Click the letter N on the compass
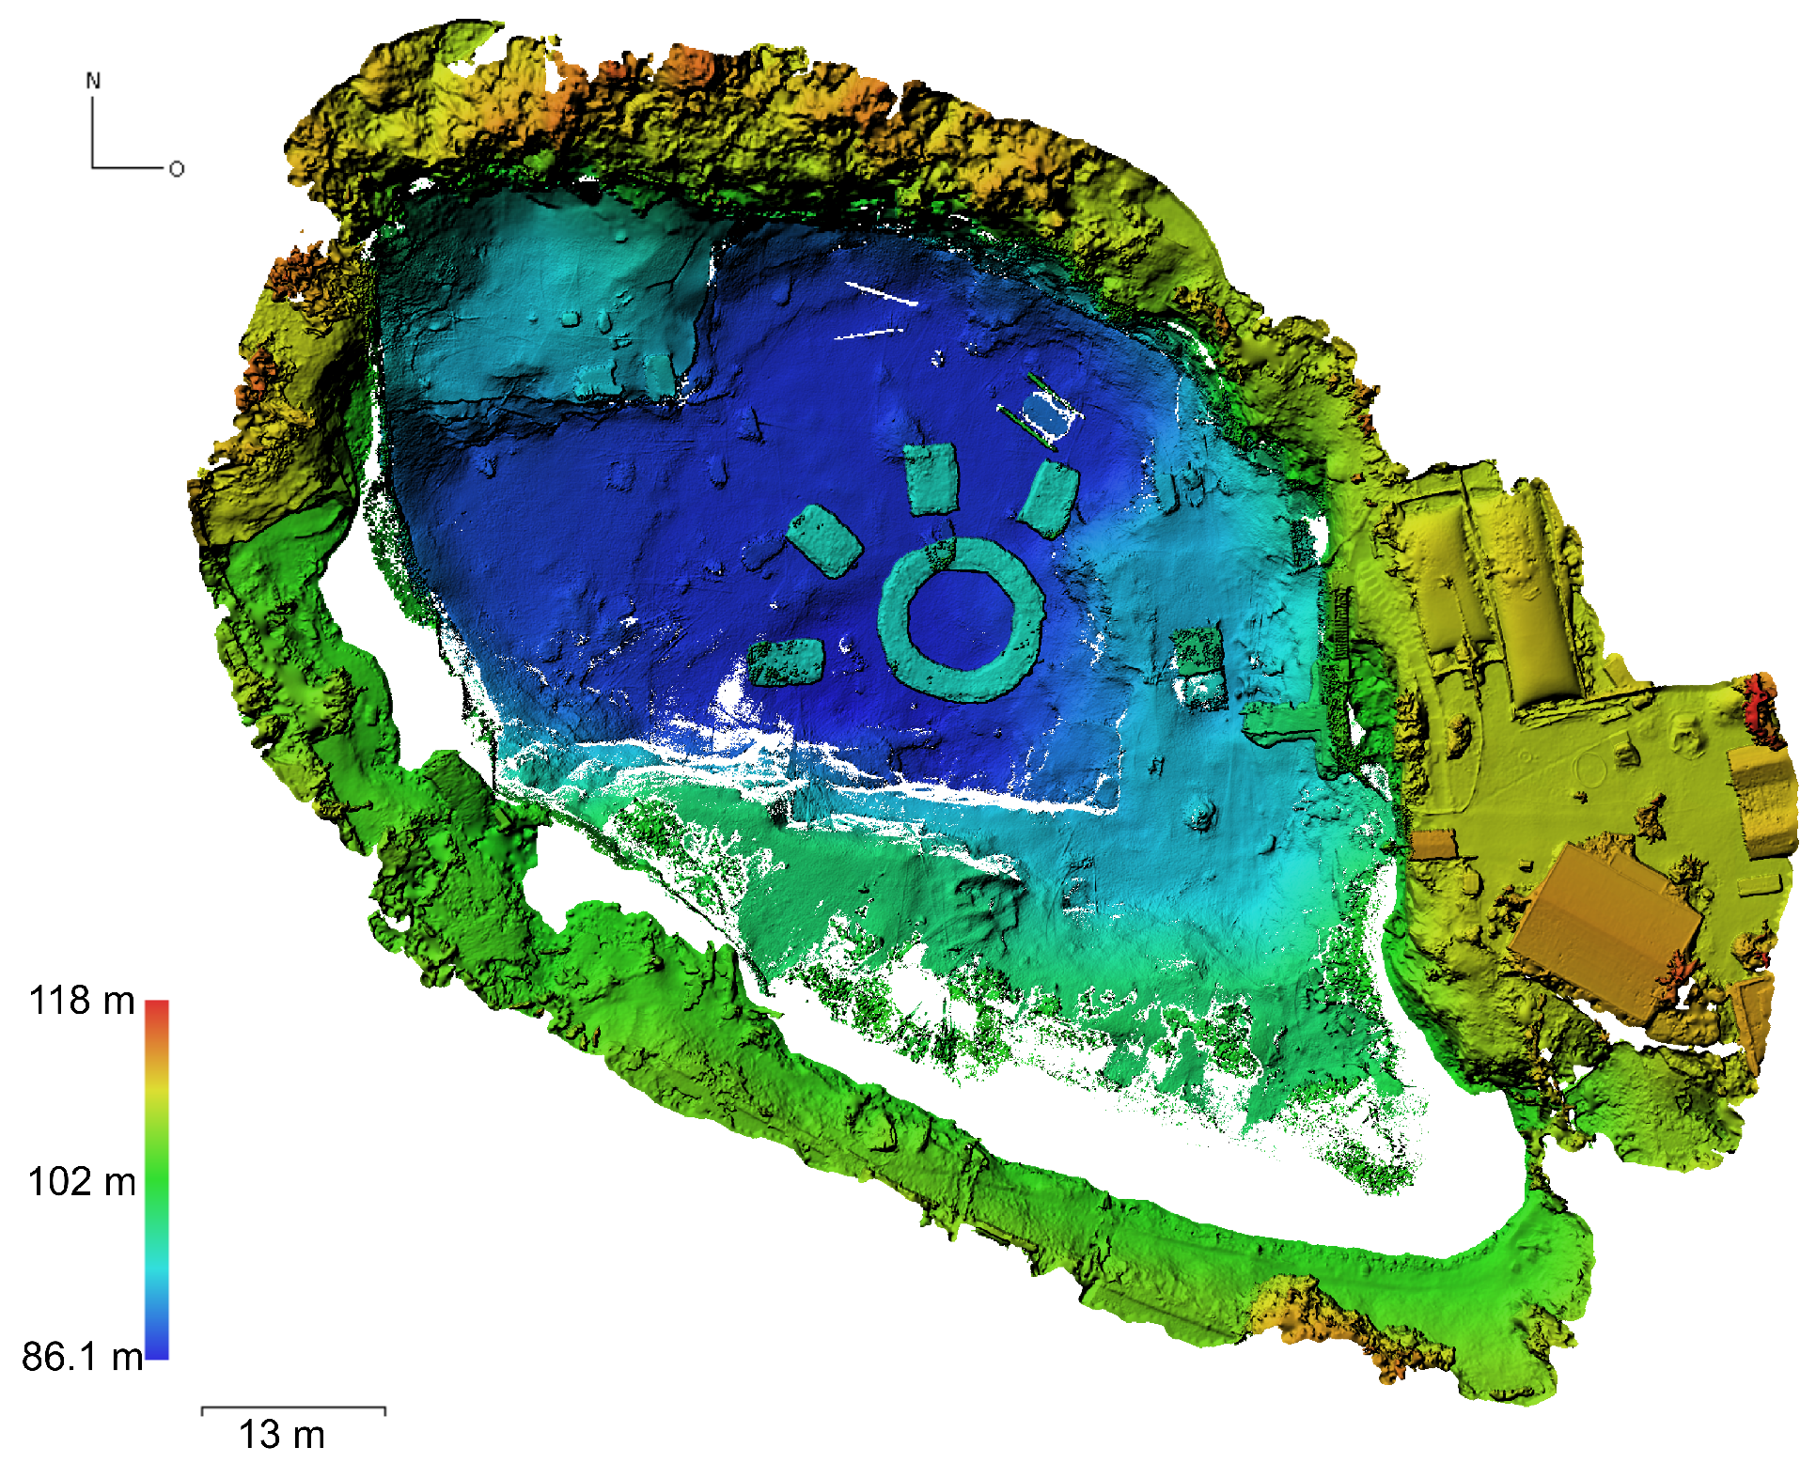point(93,81)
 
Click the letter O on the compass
point(177,169)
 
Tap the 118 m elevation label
point(82,1001)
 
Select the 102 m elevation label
point(82,1182)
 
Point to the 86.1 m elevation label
point(82,1357)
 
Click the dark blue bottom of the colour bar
point(157,1351)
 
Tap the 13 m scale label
point(281,1436)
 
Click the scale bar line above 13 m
point(293,1409)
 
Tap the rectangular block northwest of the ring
point(824,539)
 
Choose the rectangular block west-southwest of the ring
point(787,662)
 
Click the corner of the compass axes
point(93,168)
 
